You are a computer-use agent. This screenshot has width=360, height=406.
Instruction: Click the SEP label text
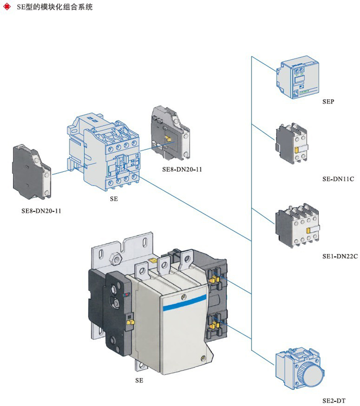[x=328, y=101]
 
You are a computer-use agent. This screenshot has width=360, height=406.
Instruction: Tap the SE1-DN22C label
[x=340, y=256]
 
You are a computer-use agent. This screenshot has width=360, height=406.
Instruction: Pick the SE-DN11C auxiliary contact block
[x=292, y=142]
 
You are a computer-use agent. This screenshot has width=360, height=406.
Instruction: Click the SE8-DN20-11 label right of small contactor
[x=181, y=169]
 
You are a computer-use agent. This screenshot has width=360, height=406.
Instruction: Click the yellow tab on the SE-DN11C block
[x=297, y=149]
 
